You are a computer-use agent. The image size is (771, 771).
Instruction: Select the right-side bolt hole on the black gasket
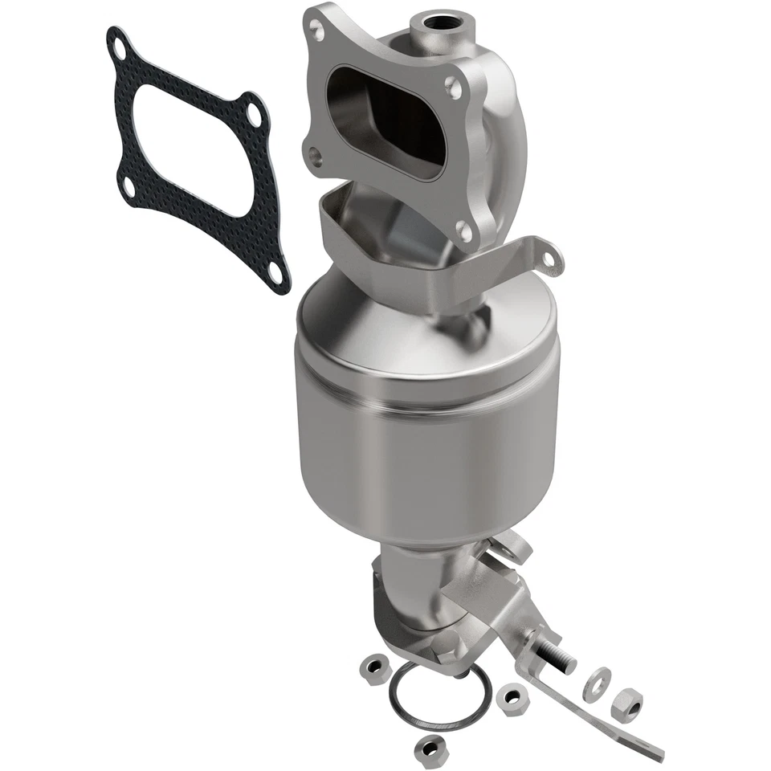click(x=255, y=115)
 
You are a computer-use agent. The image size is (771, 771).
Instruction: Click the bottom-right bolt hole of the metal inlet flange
click(x=463, y=230)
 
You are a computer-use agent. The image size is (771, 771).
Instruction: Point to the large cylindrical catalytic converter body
click(x=426, y=434)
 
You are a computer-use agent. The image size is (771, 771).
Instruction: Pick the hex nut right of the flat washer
click(x=626, y=704)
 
